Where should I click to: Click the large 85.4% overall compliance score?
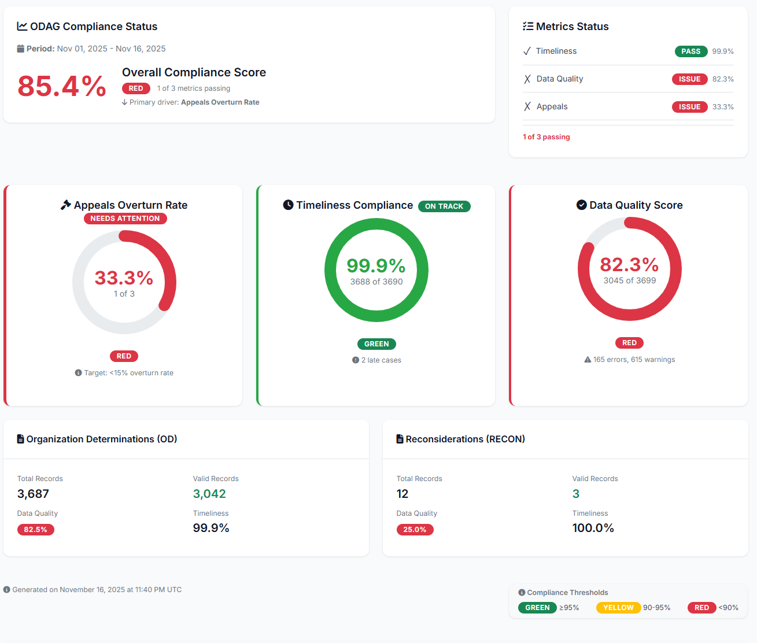pos(62,86)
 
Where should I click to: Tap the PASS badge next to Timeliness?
pos(690,51)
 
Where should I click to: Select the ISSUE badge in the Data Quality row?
pos(689,79)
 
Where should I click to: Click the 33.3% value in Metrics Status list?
pos(723,107)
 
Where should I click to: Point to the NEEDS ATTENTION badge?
pos(125,219)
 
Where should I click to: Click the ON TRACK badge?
pos(444,206)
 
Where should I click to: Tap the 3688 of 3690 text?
pos(376,282)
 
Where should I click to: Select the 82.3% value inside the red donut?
pos(629,264)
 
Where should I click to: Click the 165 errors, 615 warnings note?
pos(634,360)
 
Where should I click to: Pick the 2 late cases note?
pos(381,360)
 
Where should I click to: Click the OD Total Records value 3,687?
pos(33,494)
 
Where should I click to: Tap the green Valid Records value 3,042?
pos(209,494)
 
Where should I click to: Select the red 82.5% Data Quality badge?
pos(36,530)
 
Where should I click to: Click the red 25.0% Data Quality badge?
pos(415,530)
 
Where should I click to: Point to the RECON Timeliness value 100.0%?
pos(593,528)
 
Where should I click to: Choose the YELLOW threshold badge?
pos(618,608)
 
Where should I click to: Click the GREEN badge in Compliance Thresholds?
pos(537,608)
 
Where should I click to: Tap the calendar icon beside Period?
pos(21,49)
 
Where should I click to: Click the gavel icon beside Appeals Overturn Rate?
pos(66,205)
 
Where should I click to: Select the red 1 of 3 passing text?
pos(546,137)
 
